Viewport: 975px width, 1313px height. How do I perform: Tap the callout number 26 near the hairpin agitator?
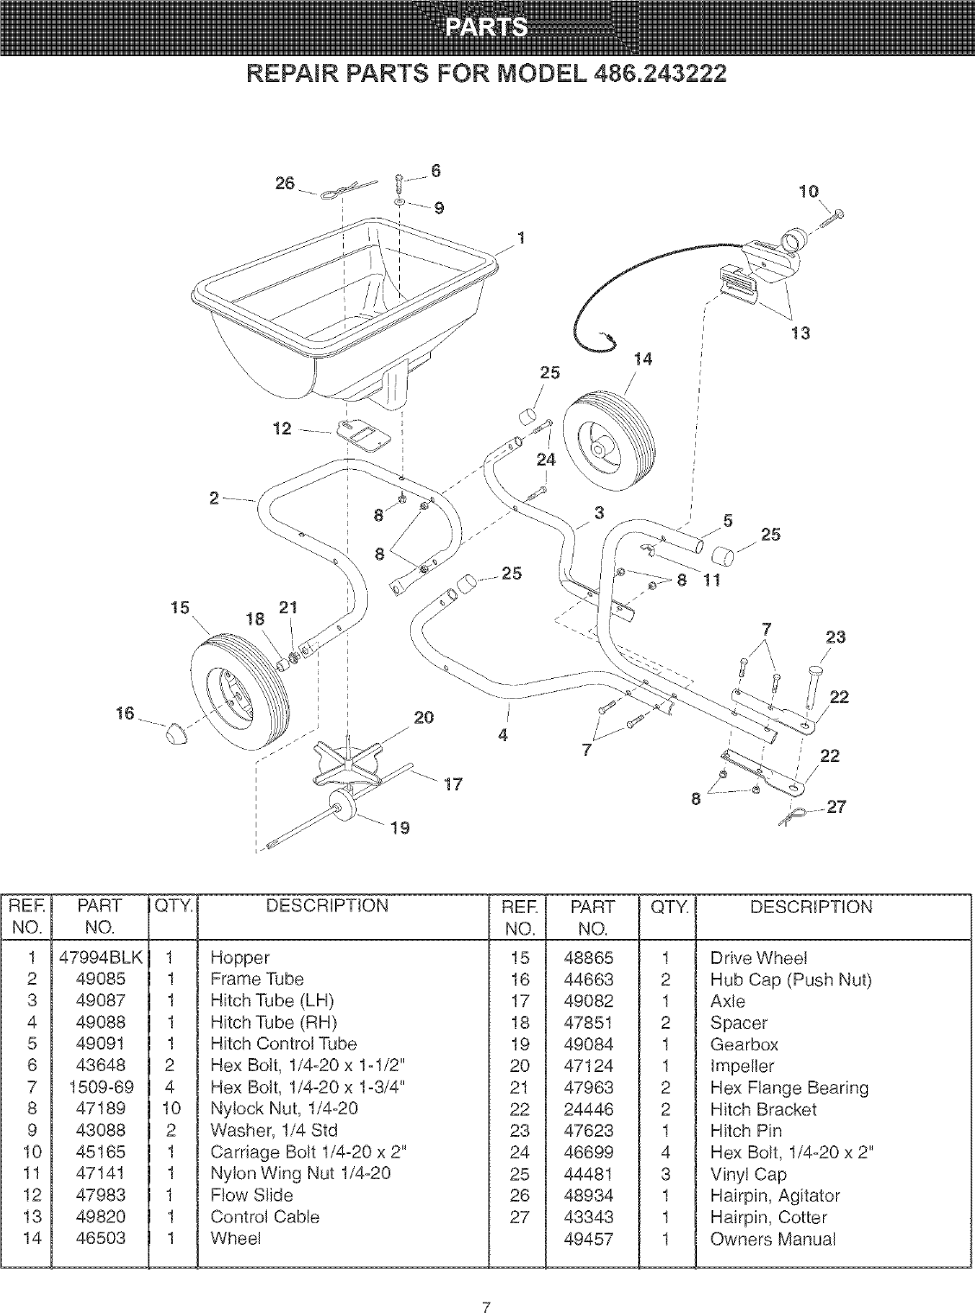tap(285, 184)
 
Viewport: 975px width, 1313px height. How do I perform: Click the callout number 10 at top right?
tap(808, 192)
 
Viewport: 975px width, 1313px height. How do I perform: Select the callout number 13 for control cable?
tap(801, 333)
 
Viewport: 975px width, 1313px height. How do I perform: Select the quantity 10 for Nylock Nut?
tap(171, 1108)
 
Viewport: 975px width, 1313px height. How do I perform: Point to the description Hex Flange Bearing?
tap(788, 1088)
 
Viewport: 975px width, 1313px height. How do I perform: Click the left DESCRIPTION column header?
tap(327, 906)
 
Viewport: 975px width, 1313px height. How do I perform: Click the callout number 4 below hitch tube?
tap(503, 735)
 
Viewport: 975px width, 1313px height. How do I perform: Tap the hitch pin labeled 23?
tap(814, 678)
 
